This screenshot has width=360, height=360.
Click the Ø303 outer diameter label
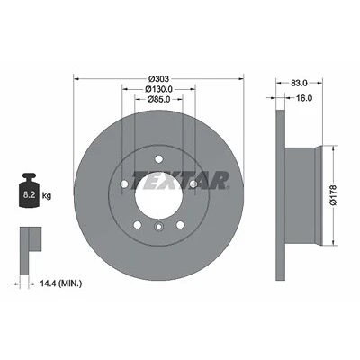coord(159,78)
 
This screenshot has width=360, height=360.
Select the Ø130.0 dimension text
coord(159,89)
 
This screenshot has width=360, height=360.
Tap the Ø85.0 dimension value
coord(159,99)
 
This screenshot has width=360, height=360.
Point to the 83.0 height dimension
coord(299,83)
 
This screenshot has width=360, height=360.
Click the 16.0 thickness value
coord(304,98)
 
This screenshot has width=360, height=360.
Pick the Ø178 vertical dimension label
coord(334,195)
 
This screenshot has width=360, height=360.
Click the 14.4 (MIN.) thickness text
coord(61,283)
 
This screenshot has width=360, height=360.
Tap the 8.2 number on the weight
coord(29,194)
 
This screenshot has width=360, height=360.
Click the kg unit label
coord(47,196)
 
